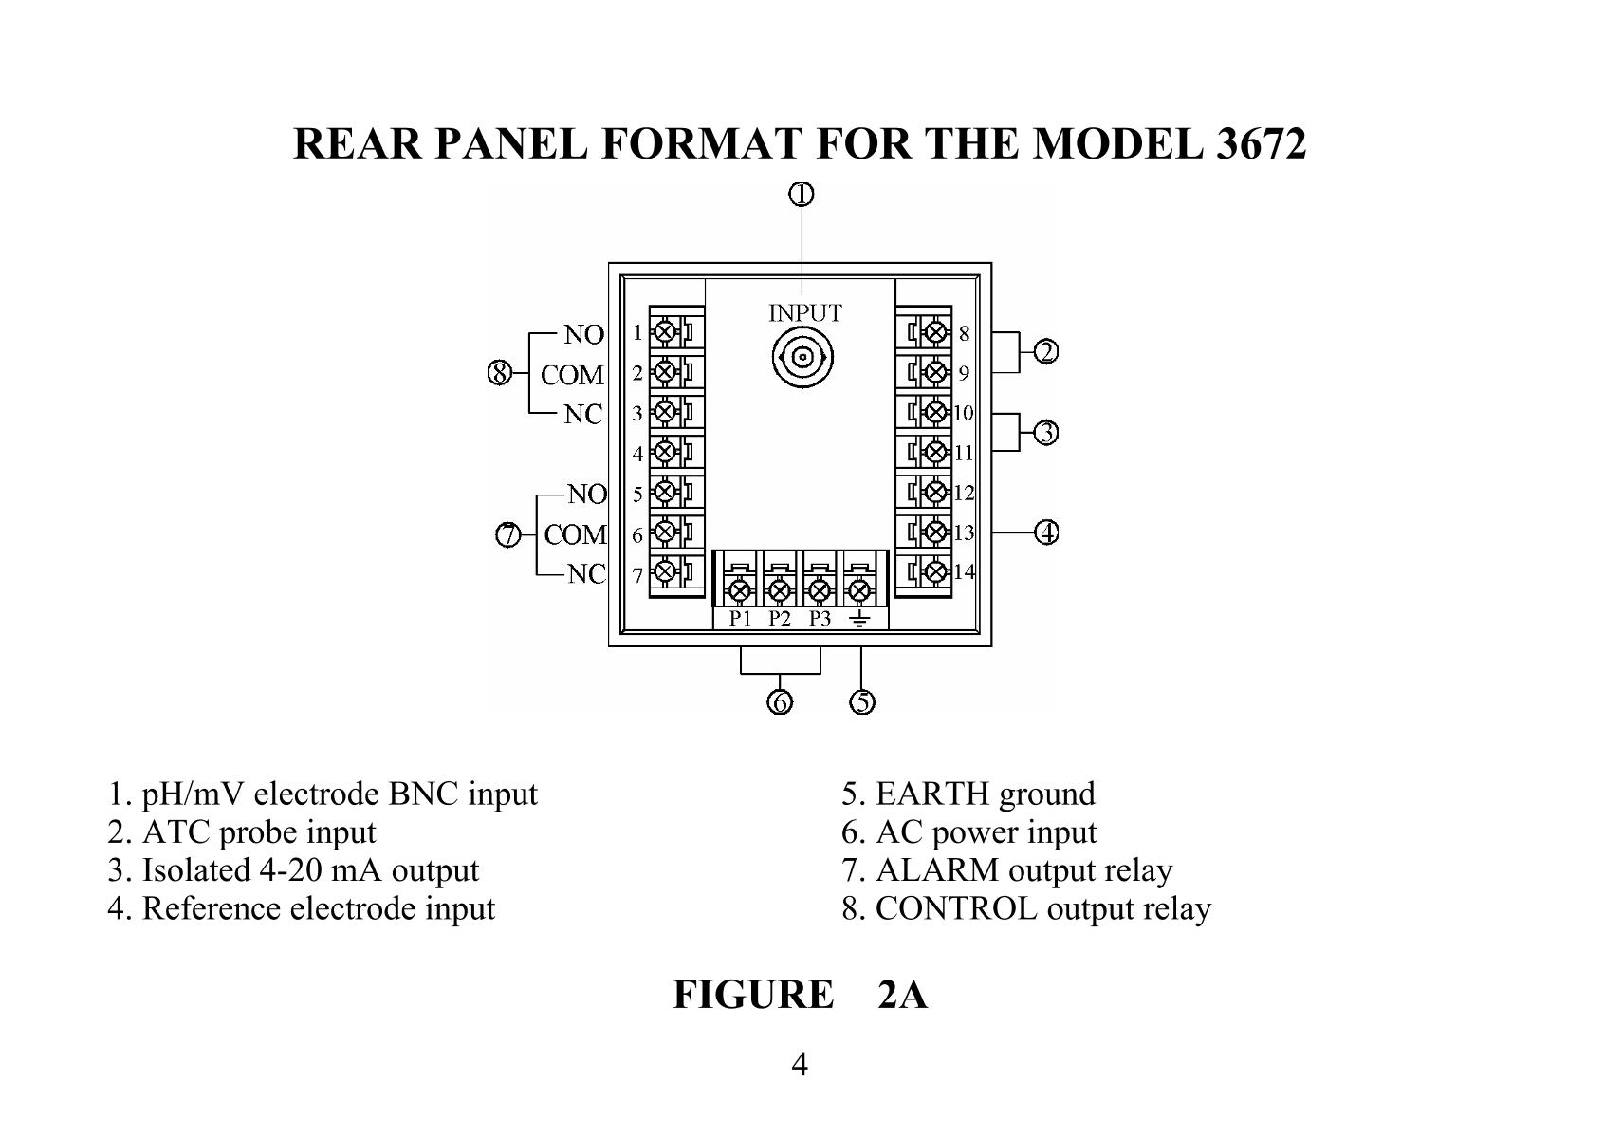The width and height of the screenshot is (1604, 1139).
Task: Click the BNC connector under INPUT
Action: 802,358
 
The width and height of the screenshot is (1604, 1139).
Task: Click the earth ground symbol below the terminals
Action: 859,619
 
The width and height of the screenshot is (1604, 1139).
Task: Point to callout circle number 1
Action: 802,195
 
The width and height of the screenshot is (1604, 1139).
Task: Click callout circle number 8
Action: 500,374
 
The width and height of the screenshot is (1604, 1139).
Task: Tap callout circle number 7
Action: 509,535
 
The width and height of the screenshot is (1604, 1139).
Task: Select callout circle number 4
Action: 1046,532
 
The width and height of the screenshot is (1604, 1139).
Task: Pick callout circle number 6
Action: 780,703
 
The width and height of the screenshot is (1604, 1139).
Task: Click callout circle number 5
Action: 861,703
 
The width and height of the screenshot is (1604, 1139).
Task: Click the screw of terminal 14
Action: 937,571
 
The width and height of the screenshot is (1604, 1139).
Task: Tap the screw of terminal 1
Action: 665,331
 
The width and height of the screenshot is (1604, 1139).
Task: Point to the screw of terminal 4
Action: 665,452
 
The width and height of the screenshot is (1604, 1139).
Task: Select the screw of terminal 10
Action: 937,412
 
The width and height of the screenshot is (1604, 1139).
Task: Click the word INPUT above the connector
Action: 804,312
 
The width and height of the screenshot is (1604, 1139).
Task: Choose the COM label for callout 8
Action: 572,375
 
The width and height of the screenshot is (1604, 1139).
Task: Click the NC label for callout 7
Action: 586,574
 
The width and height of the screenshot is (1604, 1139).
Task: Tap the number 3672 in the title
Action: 1260,144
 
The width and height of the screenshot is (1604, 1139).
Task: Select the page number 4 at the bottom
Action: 800,1065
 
